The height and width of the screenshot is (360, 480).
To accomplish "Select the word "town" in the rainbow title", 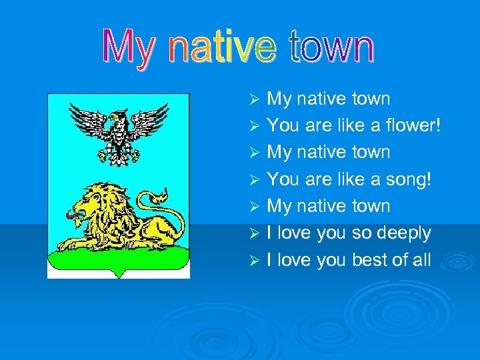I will pos(332,49).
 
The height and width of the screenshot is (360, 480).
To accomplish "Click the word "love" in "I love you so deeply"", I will pos(293,233).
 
